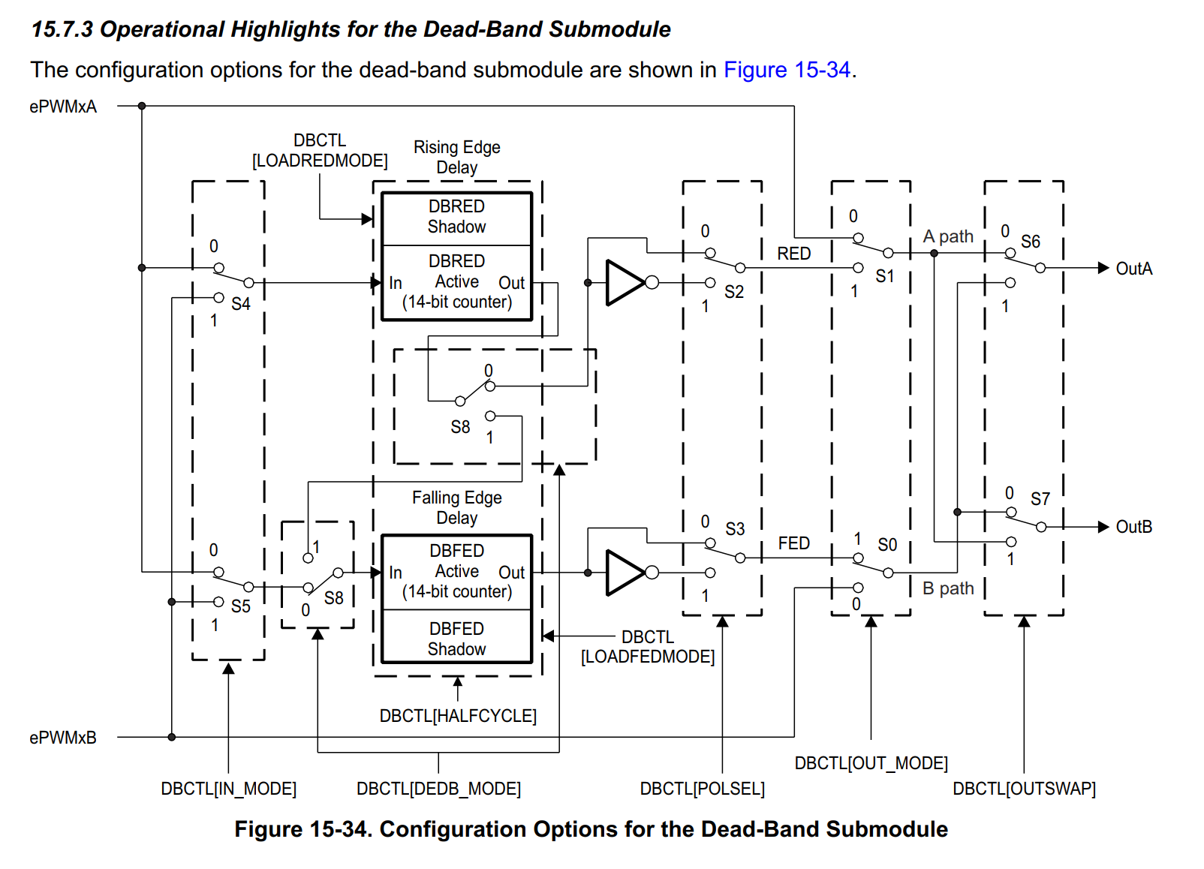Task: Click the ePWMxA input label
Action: [63, 107]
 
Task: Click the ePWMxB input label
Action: [63, 738]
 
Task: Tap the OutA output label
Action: [1134, 268]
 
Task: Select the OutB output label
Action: [1134, 527]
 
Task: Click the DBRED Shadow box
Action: [457, 217]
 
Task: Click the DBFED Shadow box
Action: [457, 637]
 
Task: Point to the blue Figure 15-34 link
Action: [787, 70]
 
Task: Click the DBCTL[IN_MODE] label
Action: [228, 789]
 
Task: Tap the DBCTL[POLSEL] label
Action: [702, 789]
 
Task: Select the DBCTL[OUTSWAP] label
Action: [1024, 789]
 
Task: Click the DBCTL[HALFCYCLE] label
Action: [458, 716]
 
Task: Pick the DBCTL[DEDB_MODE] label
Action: [438, 789]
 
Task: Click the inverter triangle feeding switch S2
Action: [625, 283]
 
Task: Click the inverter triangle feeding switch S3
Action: [625, 573]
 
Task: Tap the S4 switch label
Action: [241, 304]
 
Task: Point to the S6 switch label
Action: [1031, 242]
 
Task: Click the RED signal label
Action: [794, 254]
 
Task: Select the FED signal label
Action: [794, 543]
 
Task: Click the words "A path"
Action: [948, 237]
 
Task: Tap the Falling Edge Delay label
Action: [457, 508]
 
